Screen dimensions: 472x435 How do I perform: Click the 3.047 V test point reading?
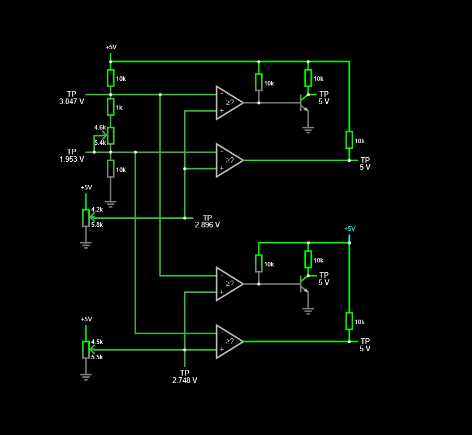(x=72, y=101)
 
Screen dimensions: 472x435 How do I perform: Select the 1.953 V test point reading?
(x=72, y=159)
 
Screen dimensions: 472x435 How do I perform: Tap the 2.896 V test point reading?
(x=207, y=225)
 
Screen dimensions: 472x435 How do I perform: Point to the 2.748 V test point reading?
(x=184, y=380)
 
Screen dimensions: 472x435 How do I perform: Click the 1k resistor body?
(x=111, y=107)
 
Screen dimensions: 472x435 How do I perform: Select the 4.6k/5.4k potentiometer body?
(x=111, y=136)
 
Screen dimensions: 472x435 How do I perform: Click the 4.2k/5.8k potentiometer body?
(x=86, y=218)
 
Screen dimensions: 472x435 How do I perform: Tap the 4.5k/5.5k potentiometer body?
(x=86, y=350)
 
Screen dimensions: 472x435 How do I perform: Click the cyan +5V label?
(x=350, y=229)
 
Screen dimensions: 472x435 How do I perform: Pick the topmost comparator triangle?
(x=229, y=103)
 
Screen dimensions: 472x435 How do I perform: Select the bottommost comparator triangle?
(x=229, y=342)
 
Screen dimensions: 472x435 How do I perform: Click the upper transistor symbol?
(x=304, y=103)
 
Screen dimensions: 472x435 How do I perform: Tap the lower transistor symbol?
(x=304, y=284)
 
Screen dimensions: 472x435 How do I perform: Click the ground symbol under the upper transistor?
(x=308, y=130)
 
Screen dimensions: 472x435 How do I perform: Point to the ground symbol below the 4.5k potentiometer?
(x=86, y=377)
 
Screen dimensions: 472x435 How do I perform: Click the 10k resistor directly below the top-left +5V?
(x=111, y=78)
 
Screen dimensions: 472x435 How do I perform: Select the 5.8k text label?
(x=97, y=225)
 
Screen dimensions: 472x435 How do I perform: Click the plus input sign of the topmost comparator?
(x=222, y=110)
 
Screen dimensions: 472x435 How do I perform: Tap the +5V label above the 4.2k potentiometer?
(x=86, y=187)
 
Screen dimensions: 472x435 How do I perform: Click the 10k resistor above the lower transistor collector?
(x=308, y=259)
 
